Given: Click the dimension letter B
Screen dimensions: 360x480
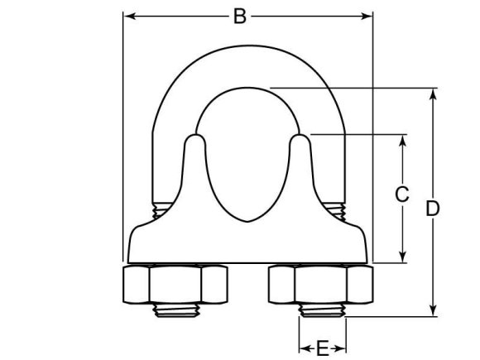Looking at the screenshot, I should pyautogui.click(x=239, y=16).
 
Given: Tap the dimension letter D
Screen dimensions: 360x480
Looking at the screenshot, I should pyautogui.click(x=432, y=209).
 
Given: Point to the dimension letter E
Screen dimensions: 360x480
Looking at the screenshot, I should pyautogui.click(x=323, y=348).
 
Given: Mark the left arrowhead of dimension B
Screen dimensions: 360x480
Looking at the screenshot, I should pyautogui.click(x=128, y=16).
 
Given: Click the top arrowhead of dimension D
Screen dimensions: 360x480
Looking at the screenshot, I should pyautogui.click(x=432, y=92).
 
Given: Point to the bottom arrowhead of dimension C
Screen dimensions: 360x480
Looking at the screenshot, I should pyautogui.click(x=402, y=258).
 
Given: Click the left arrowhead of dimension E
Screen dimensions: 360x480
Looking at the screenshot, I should pyautogui.click(x=303, y=348).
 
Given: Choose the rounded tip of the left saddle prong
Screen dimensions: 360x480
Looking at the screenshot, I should pyautogui.click(x=195, y=141).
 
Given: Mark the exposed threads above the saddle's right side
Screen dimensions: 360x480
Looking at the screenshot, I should pyautogui.click(x=334, y=210).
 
